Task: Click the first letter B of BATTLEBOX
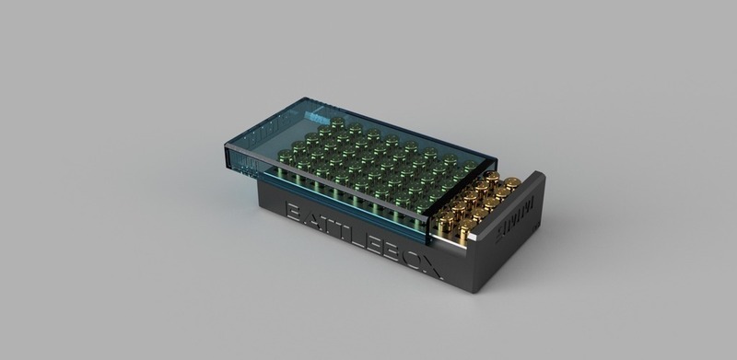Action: click(294, 213)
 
